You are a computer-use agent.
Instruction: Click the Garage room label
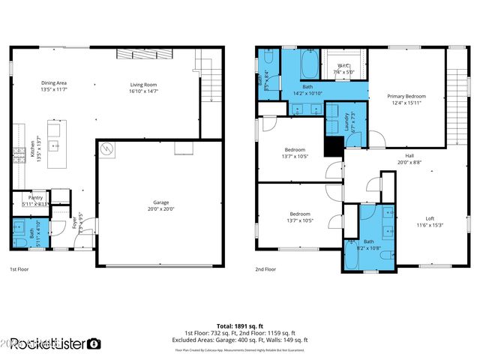tap(160, 203)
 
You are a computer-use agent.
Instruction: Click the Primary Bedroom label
tap(406, 97)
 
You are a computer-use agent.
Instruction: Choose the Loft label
tap(425, 219)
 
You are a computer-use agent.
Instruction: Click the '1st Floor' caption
tap(19, 268)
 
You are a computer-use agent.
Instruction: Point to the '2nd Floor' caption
tap(265, 268)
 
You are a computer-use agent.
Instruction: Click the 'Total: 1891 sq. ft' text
tap(239, 326)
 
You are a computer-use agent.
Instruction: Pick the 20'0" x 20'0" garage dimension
tap(160, 209)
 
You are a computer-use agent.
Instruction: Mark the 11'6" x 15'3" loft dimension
tap(425, 225)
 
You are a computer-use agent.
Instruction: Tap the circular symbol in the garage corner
tap(107, 148)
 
